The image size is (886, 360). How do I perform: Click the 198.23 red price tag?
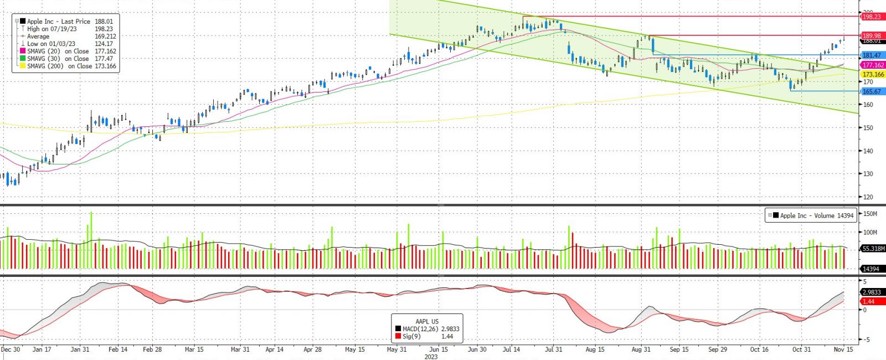point(872,17)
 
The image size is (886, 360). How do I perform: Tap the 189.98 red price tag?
point(872,35)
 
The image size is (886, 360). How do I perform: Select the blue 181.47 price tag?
point(872,55)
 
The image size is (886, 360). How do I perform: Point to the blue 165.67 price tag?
point(872,91)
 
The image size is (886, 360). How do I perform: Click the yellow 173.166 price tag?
point(873,74)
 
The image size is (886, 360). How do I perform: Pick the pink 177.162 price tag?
point(873,65)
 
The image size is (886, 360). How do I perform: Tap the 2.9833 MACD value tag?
point(872,292)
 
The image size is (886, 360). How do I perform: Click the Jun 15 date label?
point(439,349)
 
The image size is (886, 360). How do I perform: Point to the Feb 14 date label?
point(118,349)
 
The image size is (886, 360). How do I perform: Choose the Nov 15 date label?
point(843,349)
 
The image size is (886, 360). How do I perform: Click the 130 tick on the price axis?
point(868,174)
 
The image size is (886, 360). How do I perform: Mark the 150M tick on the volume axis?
point(870,214)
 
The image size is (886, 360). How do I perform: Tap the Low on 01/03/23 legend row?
point(66,44)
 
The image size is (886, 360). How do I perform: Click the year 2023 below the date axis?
point(431,357)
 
